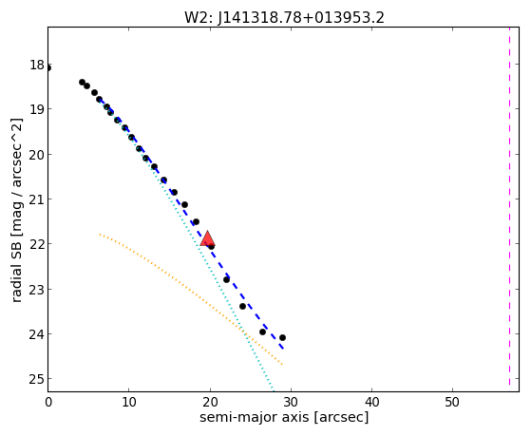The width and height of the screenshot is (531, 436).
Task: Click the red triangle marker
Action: pyautogui.click(x=207, y=238)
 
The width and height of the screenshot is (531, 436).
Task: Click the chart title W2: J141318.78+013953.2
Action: pyautogui.click(x=284, y=17)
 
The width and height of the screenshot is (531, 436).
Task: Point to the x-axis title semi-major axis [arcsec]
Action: pyautogui.click(x=284, y=417)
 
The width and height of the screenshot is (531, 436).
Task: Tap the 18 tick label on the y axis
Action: pyautogui.click(x=37, y=65)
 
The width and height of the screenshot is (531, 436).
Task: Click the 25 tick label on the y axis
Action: pyautogui.click(x=37, y=379)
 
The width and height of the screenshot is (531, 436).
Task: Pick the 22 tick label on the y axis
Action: pyautogui.click(x=37, y=244)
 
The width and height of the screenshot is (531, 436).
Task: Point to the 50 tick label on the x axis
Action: pyautogui.click(x=452, y=402)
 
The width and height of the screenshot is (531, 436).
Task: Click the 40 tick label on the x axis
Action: pyautogui.click(x=371, y=402)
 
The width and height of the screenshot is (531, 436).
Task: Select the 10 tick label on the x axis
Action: pyautogui.click(x=129, y=402)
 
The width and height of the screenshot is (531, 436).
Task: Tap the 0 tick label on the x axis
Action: pyautogui.click(x=48, y=402)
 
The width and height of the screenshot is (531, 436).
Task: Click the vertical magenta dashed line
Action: pyautogui.click(x=509, y=207)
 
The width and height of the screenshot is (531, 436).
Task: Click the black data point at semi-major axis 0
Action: pyautogui.click(x=48, y=68)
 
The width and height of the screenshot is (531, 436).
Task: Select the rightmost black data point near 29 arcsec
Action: pyautogui.click(x=282, y=337)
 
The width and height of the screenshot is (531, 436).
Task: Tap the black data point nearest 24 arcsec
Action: pyautogui.click(x=242, y=306)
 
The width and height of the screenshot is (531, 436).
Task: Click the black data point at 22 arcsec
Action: pyautogui.click(x=227, y=280)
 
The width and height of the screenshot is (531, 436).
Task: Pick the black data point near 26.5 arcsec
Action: pyautogui.click(x=262, y=332)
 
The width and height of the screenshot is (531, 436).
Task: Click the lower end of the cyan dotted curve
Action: pyautogui.click(x=273, y=390)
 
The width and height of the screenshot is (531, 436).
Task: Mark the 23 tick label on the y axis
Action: pyautogui.click(x=37, y=289)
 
